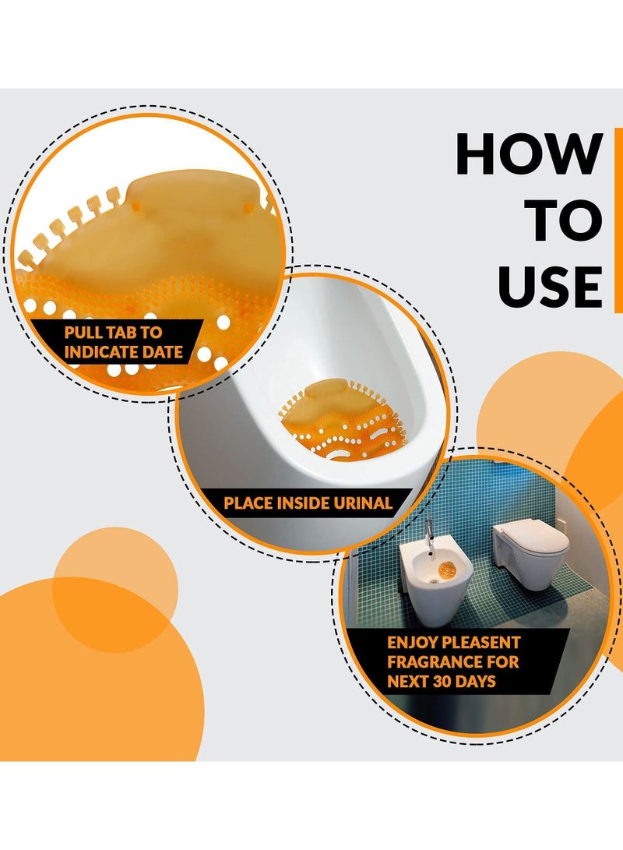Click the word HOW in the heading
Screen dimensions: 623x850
tap(530, 154)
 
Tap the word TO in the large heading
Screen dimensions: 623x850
tap(566, 220)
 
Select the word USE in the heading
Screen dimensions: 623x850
tap(551, 287)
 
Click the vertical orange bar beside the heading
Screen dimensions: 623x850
tap(618, 220)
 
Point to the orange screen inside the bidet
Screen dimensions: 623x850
tap(448, 571)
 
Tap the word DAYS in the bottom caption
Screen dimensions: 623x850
tap(476, 682)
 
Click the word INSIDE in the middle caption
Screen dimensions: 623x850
tap(303, 503)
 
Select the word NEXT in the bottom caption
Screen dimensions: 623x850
tap(409, 682)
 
